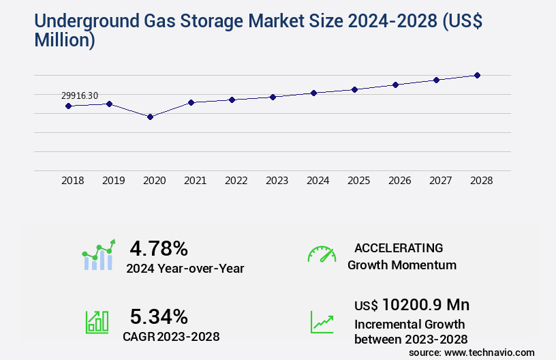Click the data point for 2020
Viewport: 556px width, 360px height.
[x=150, y=117]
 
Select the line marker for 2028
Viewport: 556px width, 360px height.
[x=477, y=75]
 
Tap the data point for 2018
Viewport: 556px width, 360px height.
[x=68, y=106]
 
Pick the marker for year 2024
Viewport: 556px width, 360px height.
[x=313, y=93]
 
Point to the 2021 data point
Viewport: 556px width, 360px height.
[x=191, y=102]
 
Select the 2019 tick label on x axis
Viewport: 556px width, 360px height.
[x=113, y=181]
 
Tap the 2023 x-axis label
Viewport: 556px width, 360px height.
[x=277, y=181]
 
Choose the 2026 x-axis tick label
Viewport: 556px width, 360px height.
[x=399, y=181]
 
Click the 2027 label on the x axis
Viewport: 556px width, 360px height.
[x=440, y=181]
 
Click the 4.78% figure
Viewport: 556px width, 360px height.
[x=159, y=248]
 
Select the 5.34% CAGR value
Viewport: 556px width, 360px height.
[x=159, y=316]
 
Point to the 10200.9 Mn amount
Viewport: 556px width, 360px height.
[x=425, y=305]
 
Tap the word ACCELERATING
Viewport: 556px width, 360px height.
[x=399, y=247]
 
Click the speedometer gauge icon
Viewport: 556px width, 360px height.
[x=322, y=254]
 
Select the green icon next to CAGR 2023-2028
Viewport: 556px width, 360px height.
[x=96, y=322]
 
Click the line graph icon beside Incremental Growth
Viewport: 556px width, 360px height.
[x=322, y=322]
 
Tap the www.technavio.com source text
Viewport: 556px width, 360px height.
[x=489, y=352]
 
